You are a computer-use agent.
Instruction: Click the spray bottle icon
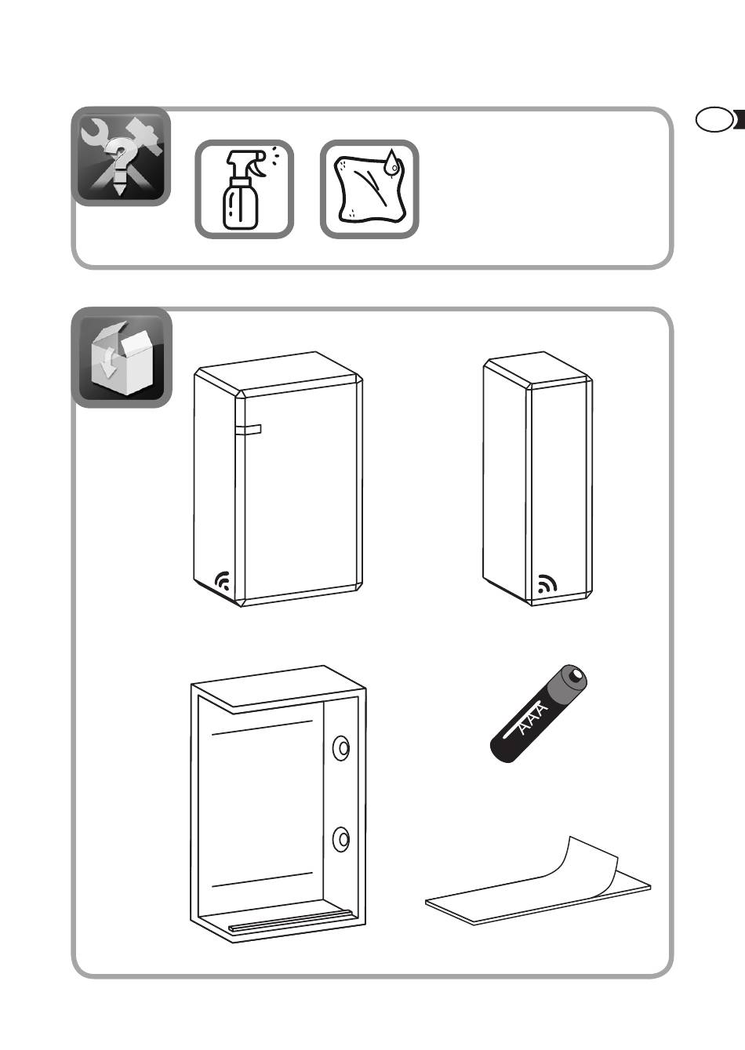click(244, 189)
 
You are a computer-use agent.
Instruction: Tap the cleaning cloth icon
click(369, 189)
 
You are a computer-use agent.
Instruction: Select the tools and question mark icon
click(121, 156)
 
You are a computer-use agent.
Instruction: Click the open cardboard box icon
click(122, 357)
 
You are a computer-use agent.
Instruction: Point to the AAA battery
click(538, 714)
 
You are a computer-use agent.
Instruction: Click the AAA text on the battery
click(533, 719)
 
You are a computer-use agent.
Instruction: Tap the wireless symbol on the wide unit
click(223, 580)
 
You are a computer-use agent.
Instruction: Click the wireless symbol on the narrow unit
click(547, 584)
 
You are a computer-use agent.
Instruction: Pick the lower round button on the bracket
click(341, 839)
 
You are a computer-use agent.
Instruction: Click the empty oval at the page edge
click(714, 120)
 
